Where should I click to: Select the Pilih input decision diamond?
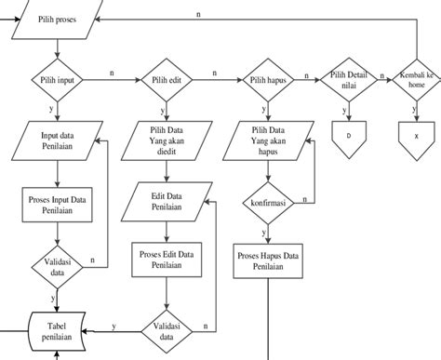point(58,81)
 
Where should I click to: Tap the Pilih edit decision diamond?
point(166,81)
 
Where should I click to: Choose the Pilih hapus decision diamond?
point(266,81)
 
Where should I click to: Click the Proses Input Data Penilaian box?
point(58,205)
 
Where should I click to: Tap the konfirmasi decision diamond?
point(266,201)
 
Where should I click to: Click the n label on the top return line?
point(199,14)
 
